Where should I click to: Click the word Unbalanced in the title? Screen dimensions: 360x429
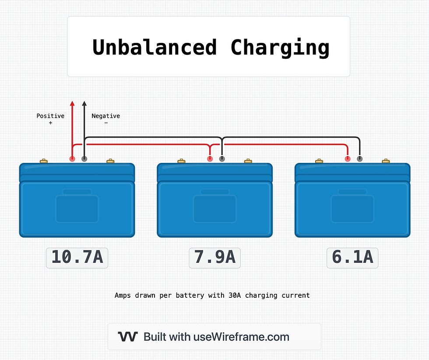(154, 47)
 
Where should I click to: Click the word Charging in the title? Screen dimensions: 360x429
(280, 47)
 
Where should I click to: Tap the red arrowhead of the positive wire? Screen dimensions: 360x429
(72, 104)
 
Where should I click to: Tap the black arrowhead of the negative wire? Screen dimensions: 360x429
(84, 104)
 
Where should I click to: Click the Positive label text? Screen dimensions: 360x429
(50, 116)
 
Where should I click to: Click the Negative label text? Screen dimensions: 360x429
(105, 116)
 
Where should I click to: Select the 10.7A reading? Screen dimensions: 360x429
(77, 258)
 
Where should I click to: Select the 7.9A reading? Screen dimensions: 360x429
(214, 258)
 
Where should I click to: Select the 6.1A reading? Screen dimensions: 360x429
(352, 258)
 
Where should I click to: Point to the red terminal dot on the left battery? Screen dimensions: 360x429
(72, 159)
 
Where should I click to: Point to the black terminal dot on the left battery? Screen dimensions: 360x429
(84, 159)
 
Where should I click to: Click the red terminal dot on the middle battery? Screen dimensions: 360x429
(210, 159)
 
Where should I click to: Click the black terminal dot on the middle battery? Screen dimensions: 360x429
(222, 159)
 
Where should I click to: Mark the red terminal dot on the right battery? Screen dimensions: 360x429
(348, 159)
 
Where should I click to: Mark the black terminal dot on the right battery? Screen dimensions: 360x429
(360, 159)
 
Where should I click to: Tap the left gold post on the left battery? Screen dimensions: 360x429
(44, 161)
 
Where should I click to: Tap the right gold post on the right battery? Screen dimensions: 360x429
(386, 161)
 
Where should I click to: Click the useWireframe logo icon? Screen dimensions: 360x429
(128, 337)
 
